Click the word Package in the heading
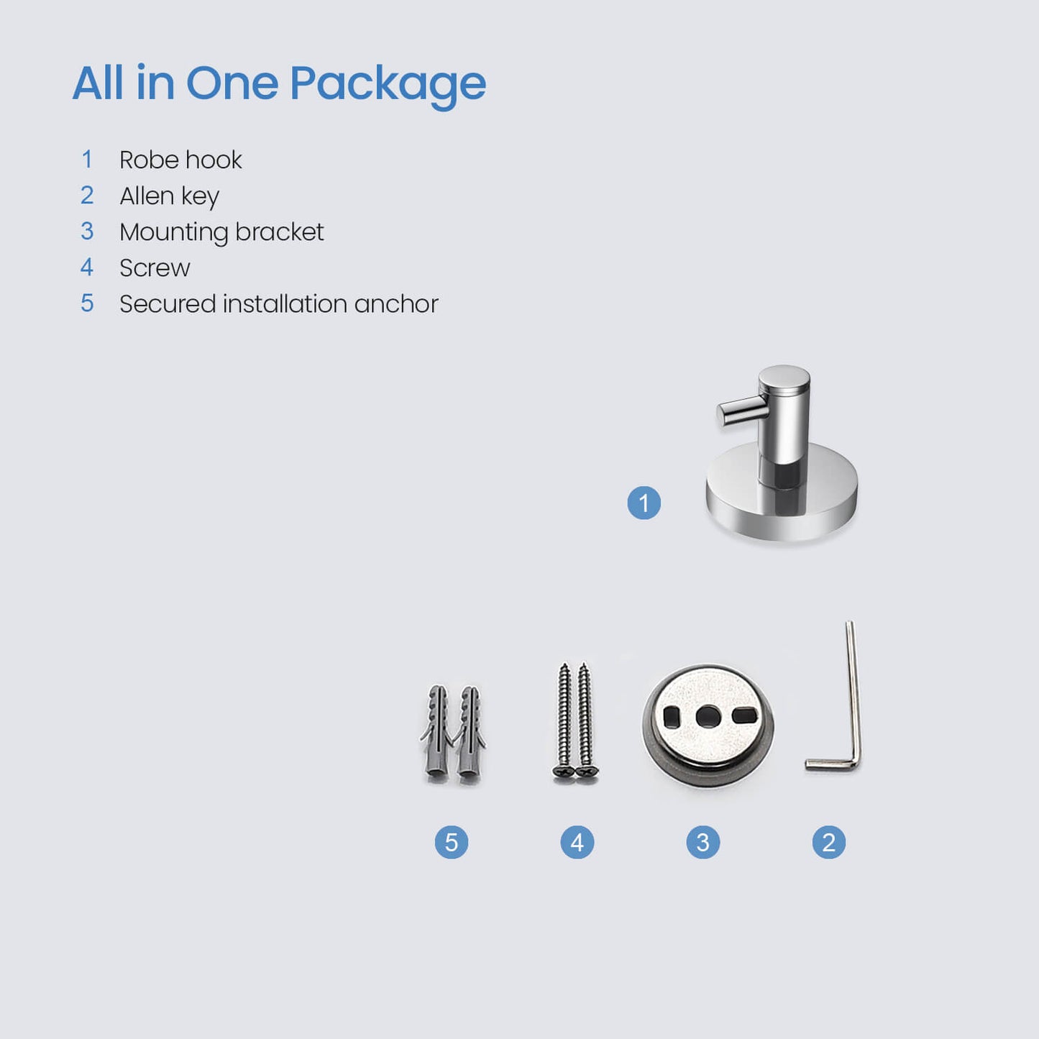[x=388, y=83]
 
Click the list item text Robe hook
[x=180, y=160]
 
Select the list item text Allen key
[x=169, y=196]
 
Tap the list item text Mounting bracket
[x=221, y=232]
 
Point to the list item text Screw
[x=155, y=267]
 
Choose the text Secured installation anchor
[x=278, y=303]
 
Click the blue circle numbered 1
[x=644, y=503]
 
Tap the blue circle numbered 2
[x=828, y=842]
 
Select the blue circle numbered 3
[x=702, y=842]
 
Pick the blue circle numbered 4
[x=577, y=842]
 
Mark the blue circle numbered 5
[x=451, y=842]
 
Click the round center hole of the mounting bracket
[x=708, y=716]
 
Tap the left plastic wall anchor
[x=437, y=733]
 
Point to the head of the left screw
[x=564, y=772]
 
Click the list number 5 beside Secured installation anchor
[x=87, y=303]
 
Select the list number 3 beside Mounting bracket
[x=87, y=232]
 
